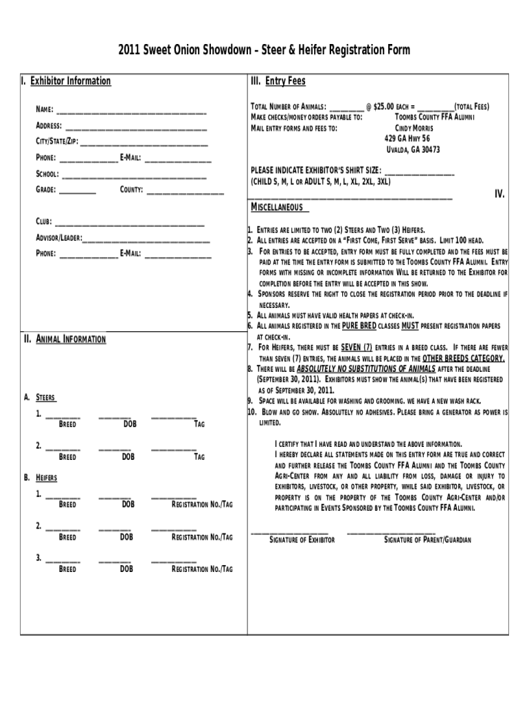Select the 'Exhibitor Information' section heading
69,81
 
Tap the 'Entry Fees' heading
285,81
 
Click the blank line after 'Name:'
131,111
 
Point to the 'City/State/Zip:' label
56,142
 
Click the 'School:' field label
47,174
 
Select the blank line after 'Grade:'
77,190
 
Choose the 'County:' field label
131,190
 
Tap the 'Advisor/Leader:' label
58,238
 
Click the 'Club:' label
43,222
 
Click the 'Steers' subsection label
45,397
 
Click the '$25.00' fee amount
383,107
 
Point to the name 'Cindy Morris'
414,128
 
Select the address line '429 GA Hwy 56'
407,138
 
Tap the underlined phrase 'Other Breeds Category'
464,358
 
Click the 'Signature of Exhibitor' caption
302,540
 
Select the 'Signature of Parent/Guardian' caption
427,540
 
